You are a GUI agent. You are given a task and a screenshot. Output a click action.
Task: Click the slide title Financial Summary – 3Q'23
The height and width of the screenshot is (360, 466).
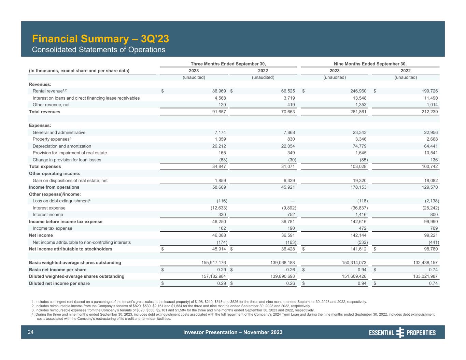[100, 39]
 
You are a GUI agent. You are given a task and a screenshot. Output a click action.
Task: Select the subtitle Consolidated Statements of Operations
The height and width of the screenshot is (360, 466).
[98, 50]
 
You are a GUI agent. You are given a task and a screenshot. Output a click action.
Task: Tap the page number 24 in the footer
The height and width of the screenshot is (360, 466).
[30, 332]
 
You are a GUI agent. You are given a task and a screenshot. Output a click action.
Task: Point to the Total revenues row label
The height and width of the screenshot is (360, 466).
[44, 112]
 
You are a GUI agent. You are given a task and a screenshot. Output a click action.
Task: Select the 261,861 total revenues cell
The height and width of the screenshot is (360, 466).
[357, 112]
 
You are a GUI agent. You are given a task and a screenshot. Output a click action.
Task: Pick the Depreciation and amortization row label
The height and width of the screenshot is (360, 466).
[62, 146]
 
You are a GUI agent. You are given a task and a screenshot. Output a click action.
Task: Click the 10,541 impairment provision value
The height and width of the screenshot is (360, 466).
[430, 153]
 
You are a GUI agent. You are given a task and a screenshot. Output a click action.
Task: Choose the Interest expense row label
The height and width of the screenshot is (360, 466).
[49, 208]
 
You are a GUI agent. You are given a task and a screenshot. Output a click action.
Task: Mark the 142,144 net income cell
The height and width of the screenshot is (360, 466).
[357, 235]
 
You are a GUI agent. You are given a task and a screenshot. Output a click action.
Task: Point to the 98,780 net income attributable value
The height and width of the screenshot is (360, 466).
[430, 249]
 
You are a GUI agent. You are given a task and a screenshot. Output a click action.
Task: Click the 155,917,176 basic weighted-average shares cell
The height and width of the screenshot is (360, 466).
[209, 263]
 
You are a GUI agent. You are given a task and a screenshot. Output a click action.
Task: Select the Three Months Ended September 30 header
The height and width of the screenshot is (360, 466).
[228, 64]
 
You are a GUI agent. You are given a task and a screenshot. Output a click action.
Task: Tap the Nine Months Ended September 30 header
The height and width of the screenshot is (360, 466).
[370, 64]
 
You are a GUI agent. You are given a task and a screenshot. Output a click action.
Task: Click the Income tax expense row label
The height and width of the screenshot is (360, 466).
[52, 228]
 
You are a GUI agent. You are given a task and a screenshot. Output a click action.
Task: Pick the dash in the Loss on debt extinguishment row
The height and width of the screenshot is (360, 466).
[293, 201]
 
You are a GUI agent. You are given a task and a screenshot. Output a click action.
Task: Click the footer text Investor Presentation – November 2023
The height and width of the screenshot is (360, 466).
[232, 332]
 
